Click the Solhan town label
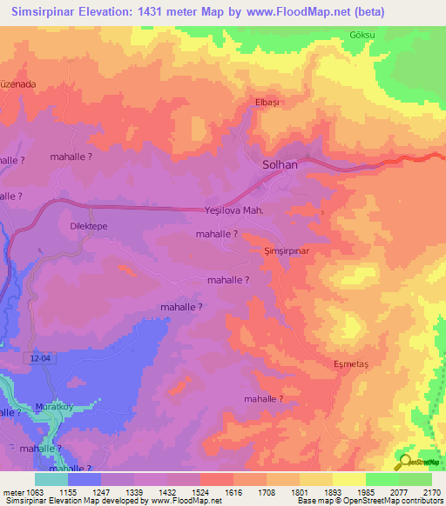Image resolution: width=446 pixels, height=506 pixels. tap(280, 164)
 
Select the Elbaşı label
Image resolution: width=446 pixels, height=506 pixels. tap(267, 103)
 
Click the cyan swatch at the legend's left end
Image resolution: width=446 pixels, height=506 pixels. tap(51, 478)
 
